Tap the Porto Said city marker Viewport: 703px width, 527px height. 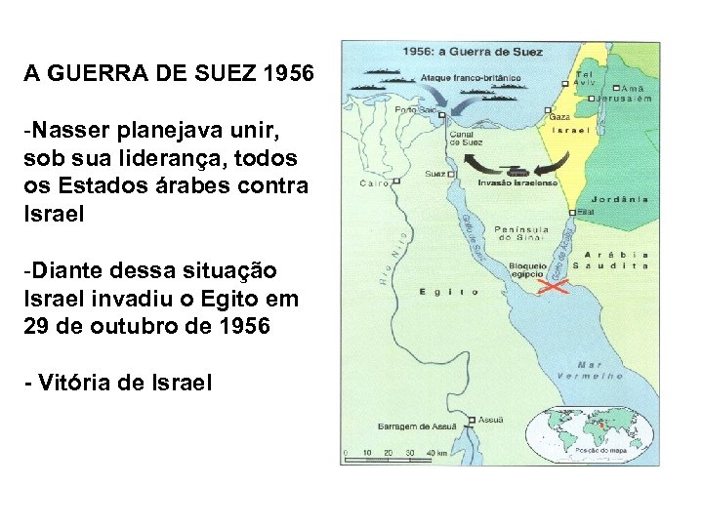tap(442, 114)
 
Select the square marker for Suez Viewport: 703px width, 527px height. tap(452, 175)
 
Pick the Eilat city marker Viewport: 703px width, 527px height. tap(572, 212)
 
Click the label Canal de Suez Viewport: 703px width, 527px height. tap(467, 139)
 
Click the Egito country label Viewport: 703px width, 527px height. tap(449, 292)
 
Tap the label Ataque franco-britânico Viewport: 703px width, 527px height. tap(471, 77)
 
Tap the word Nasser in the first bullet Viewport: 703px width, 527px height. tap(65, 130)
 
